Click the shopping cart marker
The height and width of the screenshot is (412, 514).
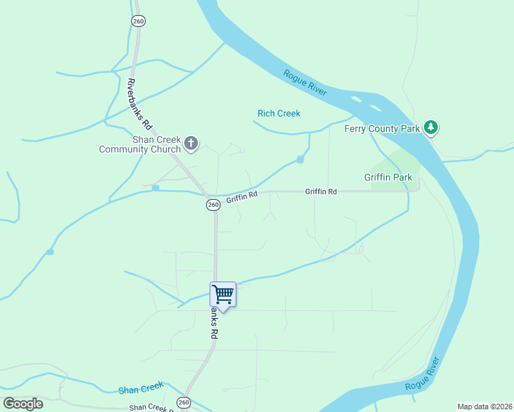tap(223, 295)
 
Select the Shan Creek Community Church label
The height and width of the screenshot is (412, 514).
tap(139, 144)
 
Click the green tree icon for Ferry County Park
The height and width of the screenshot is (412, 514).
tap(431, 127)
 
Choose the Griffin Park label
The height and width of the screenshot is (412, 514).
tap(388, 177)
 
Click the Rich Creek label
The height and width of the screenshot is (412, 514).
tap(279, 113)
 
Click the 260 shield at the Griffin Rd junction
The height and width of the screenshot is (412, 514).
tap(213, 205)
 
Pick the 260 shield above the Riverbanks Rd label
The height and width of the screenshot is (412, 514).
tap(138, 21)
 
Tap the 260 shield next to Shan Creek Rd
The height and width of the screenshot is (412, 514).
tap(183, 402)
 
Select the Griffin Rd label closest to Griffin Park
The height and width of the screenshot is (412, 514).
tap(321, 192)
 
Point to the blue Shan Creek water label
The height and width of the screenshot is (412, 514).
tap(140, 389)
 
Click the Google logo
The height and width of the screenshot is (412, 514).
tap(23, 404)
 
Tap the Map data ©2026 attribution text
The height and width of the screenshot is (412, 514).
tap(484, 407)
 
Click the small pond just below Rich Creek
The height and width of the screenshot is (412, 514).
tap(300, 160)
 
